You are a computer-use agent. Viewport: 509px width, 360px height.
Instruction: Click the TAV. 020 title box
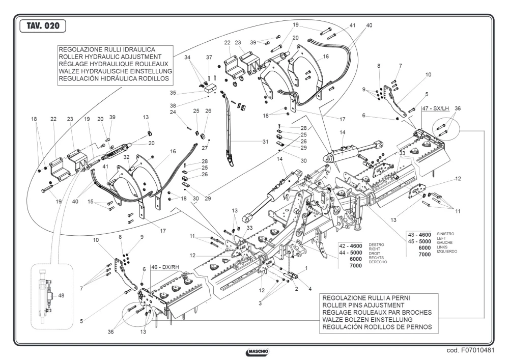[43, 26]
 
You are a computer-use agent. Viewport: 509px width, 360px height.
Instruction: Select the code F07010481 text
[470, 351]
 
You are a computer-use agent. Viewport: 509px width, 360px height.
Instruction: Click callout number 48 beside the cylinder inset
[61, 296]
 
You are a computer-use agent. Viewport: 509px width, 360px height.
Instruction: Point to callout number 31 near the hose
[266, 142]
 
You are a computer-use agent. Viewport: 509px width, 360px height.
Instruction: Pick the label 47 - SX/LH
[435, 109]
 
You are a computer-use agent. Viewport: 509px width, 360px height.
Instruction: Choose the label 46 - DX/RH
[165, 267]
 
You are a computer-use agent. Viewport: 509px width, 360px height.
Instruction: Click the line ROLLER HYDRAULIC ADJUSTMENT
[110, 57]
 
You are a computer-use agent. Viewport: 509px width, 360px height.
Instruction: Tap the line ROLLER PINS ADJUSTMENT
[363, 305]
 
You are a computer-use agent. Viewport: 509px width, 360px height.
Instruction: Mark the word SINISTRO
[445, 234]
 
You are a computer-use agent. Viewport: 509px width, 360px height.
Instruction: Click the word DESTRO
[376, 245]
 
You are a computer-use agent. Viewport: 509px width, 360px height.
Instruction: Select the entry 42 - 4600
[351, 246]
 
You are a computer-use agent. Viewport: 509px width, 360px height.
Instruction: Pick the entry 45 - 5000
[419, 241]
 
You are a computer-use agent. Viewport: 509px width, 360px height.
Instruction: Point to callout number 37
[209, 58]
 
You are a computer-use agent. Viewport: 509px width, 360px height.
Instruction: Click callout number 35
[173, 93]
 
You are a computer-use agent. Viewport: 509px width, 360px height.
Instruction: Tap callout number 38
[173, 106]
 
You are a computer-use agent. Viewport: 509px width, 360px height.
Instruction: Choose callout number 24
[173, 113]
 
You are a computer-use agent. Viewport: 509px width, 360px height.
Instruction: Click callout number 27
[205, 148]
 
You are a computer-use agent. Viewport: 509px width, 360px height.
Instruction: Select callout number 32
[127, 157]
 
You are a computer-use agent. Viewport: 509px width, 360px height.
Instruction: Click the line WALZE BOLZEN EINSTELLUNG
[363, 320]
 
